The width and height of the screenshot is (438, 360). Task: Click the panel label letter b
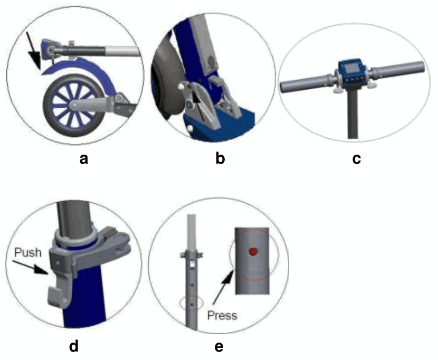[x=221, y=157]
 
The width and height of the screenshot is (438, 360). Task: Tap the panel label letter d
[x=74, y=346]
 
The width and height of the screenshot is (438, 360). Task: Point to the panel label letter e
[x=219, y=347]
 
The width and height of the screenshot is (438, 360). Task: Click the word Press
[x=222, y=315]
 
